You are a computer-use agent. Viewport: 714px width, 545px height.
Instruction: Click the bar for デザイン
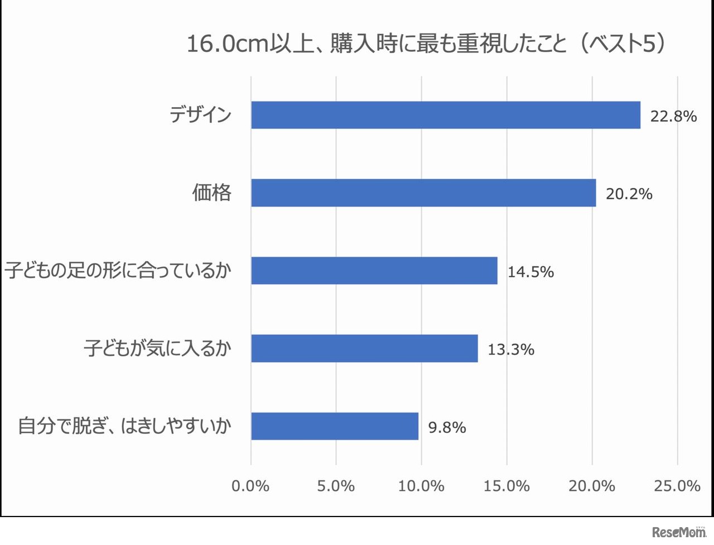[445, 115]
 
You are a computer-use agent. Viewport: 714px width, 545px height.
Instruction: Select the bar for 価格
[423, 193]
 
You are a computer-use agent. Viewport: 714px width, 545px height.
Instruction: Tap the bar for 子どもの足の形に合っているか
[374, 270]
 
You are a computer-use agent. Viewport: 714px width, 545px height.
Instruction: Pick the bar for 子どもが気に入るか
[364, 348]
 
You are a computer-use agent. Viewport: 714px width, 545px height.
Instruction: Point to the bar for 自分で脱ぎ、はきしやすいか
[334, 426]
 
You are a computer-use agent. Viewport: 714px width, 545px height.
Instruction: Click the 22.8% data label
[673, 116]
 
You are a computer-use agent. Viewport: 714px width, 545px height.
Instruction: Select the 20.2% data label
[629, 194]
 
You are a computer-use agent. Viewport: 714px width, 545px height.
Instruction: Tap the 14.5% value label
[530, 272]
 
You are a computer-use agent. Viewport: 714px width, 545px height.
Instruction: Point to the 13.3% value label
[510, 350]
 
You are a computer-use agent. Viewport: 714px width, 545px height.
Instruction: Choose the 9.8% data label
[447, 428]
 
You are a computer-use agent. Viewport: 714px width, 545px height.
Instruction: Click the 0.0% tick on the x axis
[250, 486]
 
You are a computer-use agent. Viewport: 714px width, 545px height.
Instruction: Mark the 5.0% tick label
[336, 486]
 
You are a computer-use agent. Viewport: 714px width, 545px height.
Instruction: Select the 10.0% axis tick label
[421, 486]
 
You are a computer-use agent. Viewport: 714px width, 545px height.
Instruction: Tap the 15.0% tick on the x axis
[506, 486]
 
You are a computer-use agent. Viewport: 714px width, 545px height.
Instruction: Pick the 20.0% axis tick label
[592, 486]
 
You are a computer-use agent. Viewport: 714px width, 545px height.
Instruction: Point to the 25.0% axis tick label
[677, 486]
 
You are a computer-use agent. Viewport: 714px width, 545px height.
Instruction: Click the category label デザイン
[200, 114]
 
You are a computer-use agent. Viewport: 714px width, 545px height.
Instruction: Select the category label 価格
[211, 193]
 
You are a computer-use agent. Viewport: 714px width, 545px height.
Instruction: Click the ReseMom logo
[679, 532]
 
